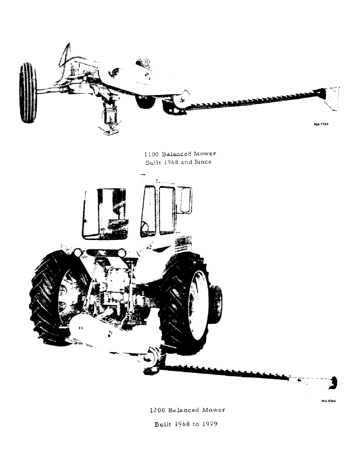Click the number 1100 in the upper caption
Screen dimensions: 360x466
point(152,153)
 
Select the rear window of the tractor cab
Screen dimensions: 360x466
point(105,213)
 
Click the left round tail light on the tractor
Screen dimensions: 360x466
point(77,252)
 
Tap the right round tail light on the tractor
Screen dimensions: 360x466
point(122,253)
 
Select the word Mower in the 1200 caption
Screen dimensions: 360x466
point(214,411)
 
